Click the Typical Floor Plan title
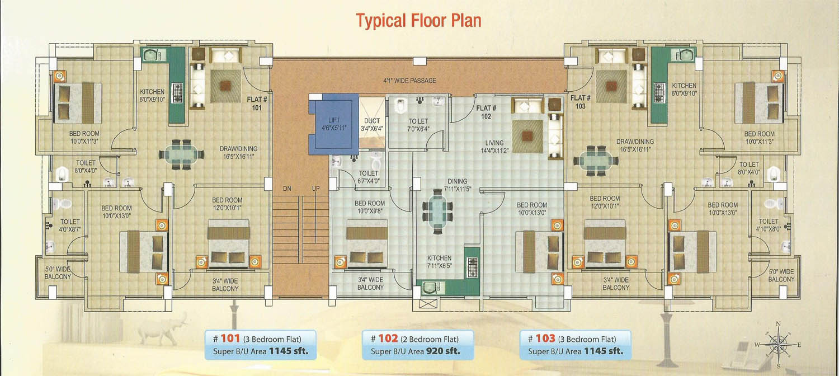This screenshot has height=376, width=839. (418, 21)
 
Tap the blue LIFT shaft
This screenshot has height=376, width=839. (333, 124)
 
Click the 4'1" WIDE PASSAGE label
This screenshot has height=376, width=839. (409, 81)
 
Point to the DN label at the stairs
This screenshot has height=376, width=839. (287, 189)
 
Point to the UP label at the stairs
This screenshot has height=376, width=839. (316, 189)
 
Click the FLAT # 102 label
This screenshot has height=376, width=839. (486, 112)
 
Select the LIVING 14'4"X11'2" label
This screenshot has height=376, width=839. (494, 147)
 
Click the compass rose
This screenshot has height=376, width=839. (778, 345)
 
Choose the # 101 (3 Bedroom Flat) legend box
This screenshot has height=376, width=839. (260, 345)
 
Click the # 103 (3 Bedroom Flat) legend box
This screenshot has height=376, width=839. (576, 345)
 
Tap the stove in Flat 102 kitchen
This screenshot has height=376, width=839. (472, 267)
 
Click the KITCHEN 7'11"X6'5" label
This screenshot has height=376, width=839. (439, 262)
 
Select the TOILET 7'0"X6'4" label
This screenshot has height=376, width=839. (418, 125)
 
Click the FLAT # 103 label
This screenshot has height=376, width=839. (580, 102)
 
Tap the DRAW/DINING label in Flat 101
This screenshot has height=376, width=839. (239, 148)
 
